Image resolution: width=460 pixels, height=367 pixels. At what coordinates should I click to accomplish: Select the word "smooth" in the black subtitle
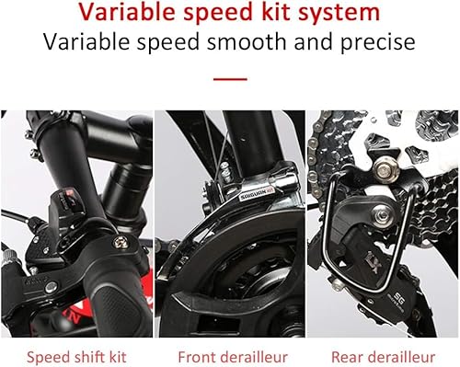247,41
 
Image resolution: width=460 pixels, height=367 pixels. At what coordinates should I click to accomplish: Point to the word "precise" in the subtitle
378,43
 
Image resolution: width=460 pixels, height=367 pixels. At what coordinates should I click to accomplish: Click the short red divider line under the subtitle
230,79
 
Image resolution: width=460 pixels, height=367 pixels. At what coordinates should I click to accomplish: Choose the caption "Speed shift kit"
76,358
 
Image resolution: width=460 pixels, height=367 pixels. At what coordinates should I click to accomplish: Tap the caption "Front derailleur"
233,357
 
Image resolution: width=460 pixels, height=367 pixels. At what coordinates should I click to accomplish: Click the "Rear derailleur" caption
383,357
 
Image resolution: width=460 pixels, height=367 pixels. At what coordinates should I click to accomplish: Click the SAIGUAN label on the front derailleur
257,194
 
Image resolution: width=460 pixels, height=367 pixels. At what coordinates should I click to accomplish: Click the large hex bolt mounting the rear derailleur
385,170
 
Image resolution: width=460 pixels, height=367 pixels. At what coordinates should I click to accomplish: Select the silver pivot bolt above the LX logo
382,215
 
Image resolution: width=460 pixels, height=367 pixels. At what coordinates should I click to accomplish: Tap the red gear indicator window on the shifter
69,193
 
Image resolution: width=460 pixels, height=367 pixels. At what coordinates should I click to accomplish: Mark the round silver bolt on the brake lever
51,287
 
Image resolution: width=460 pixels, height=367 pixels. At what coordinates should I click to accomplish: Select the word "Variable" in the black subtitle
86,41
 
